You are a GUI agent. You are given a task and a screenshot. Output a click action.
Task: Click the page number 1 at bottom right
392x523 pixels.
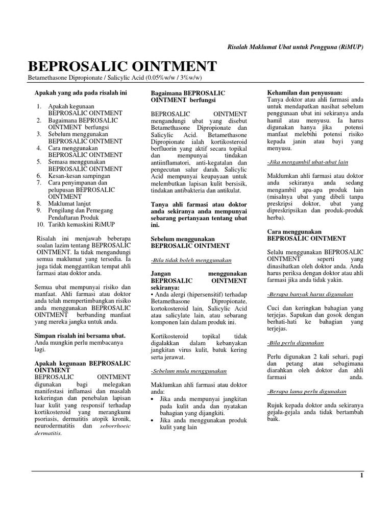(x=361, y=476)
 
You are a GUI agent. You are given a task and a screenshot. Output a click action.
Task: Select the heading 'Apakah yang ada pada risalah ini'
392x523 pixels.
(x=80, y=93)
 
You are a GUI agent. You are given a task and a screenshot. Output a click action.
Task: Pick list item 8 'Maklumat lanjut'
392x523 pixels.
(x=69, y=203)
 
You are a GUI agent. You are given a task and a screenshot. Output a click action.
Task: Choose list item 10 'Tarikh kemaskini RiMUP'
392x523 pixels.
(x=81, y=224)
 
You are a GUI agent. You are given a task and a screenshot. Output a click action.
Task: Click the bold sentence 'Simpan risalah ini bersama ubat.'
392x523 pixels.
(x=79, y=336)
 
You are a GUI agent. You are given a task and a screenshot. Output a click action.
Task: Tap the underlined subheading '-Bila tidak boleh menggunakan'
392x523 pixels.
(x=191, y=260)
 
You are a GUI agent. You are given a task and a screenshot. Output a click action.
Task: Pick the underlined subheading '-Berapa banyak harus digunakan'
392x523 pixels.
(x=310, y=295)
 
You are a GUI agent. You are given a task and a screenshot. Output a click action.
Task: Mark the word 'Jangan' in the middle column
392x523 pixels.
(x=162, y=274)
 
